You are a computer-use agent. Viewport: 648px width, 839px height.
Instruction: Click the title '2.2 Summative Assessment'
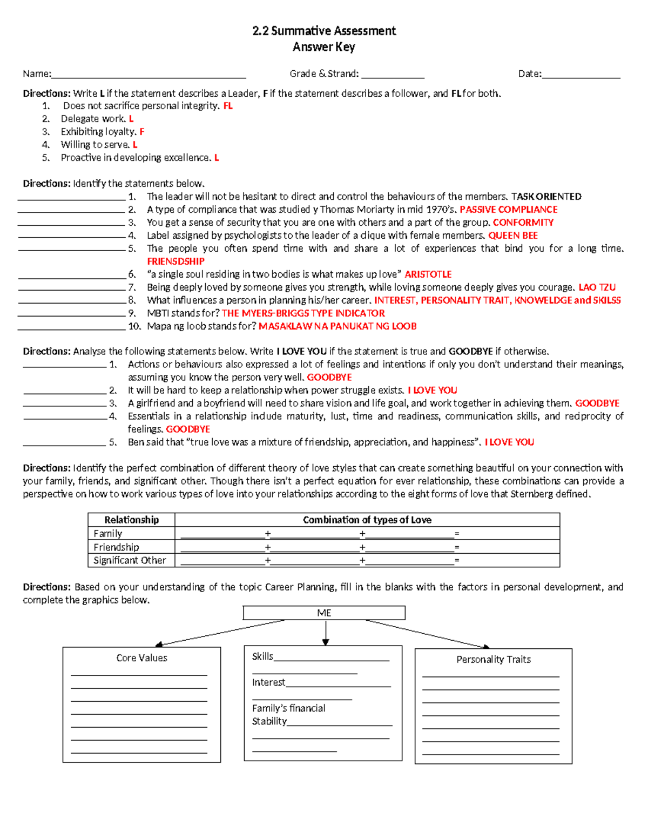pyautogui.click(x=324, y=31)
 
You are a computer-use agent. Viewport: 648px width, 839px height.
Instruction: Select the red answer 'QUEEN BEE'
pyautogui.click(x=512, y=236)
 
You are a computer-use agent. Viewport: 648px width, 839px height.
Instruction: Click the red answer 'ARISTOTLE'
pyautogui.click(x=428, y=274)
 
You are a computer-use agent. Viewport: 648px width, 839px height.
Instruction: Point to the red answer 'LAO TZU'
pyautogui.click(x=597, y=287)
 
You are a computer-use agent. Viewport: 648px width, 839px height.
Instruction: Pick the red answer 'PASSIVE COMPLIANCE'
pyautogui.click(x=508, y=210)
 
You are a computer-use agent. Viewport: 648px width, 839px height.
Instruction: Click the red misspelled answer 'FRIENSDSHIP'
pyautogui.click(x=175, y=261)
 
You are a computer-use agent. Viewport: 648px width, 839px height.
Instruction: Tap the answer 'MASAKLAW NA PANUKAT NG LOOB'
pyautogui.click(x=337, y=326)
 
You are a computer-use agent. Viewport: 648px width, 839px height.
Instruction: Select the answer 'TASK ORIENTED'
pyautogui.click(x=546, y=197)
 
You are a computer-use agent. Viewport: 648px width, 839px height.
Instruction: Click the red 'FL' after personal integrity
pyautogui.click(x=228, y=106)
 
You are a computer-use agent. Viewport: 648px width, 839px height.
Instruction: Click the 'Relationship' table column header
pyautogui.click(x=131, y=520)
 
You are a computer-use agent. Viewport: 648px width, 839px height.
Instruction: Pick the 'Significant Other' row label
pyautogui.click(x=130, y=560)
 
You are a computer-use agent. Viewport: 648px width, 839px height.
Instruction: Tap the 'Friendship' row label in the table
pyautogui.click(x=116, y=547)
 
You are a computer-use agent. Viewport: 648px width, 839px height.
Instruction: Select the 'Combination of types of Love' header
pyautogui.click(x=367, y=520)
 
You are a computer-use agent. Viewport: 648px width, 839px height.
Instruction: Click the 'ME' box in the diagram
pyautogui.click(x=324, y=613)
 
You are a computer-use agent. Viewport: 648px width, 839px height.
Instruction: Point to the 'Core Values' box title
pyautogui.click(x=141, y=658)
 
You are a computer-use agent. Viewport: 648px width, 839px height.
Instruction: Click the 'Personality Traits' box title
pyautogui.click(x=493, y=660)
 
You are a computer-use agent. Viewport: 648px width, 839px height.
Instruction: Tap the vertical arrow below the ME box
pyautogui.click(x=326, y=632)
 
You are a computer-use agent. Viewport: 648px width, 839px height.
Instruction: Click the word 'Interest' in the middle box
pyautogui.click(x=268, y=682)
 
